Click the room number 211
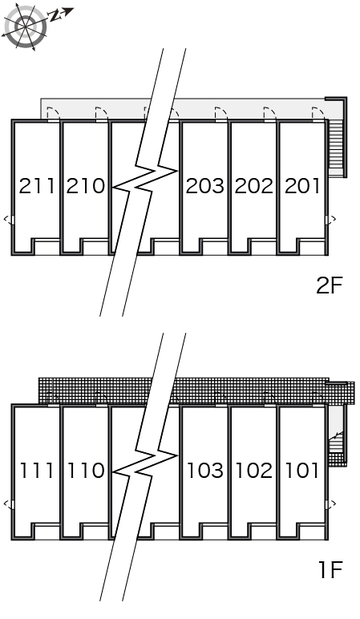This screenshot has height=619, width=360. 37,186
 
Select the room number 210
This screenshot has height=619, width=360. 86,186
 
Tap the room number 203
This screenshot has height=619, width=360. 205,186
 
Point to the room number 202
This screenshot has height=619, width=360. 254,186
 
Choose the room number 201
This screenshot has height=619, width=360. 302,186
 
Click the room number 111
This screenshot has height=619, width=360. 37,470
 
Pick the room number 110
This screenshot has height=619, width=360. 87,470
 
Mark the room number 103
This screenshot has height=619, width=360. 205,470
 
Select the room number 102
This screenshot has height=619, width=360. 254,470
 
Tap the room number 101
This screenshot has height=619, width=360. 302,470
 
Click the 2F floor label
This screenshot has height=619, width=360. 329,285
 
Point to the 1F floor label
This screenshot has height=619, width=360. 330,569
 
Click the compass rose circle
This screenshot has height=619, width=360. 26,26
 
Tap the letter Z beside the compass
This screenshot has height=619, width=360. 55,15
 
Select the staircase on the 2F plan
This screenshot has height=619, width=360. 336,147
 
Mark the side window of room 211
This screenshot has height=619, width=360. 13,220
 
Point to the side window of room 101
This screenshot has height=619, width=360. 327,504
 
